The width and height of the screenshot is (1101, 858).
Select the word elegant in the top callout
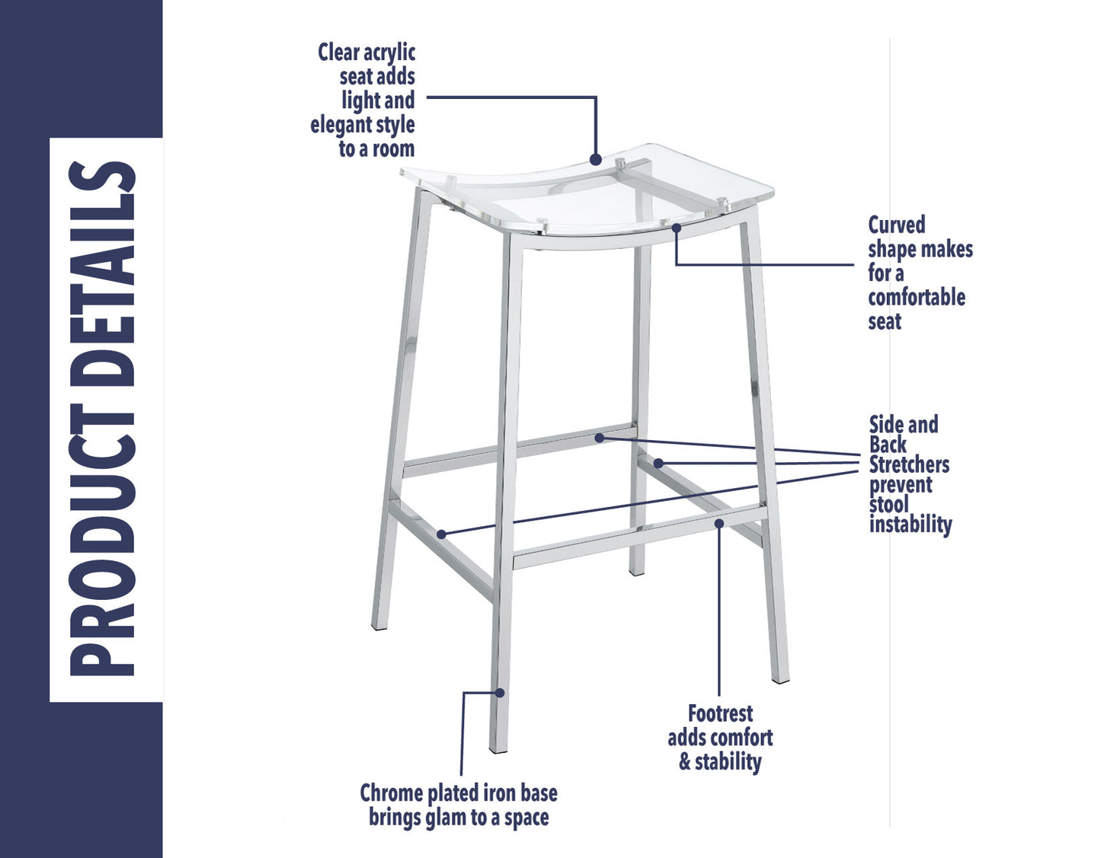pyautogui.click(x=341, y=125)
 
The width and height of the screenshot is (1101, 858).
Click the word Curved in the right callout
pyautogui.click(x=896, y=225)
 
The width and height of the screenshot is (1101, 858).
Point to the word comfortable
pyautogui.click(x=916, y=297)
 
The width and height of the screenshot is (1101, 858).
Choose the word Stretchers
pyautogui.click(x=909, y=464)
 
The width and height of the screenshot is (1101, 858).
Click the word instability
pyautogui.click(x=911, y=525)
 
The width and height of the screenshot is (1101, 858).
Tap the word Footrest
pyautogui.click(x=720, y=713)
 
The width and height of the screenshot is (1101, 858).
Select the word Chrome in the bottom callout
pyautogui.click(x=391, y=793)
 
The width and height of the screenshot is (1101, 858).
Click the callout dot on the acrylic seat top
pyautogui.click(x=596, y=160)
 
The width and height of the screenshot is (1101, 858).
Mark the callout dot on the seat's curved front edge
pyautogui.click(x=676, y=227)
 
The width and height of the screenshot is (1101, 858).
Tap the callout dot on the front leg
pyautogui.click(x=500, y=692)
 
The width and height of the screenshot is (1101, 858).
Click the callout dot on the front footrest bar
pyautogui.click(x=719, y=523)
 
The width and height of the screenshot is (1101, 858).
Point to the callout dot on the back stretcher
pyautogui.click(x=600, y=438)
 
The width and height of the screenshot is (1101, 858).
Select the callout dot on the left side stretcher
pyautogui.click(x=441, y=534)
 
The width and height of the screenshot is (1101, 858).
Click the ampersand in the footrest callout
pyautogui.click(x=684, y=762)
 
